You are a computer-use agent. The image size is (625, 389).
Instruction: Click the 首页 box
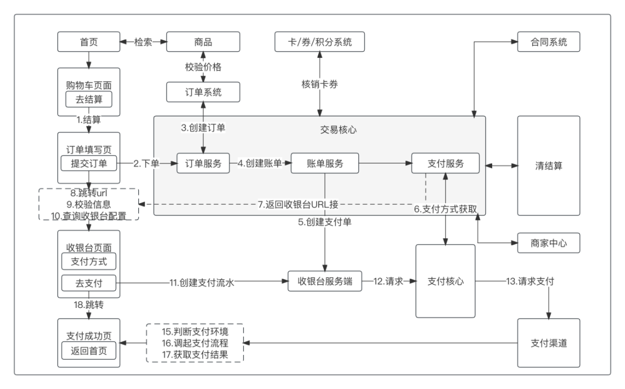coord(89,42)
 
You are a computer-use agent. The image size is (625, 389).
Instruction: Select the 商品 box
coord(203,42)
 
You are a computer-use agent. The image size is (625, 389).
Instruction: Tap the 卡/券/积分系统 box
coord(320,42)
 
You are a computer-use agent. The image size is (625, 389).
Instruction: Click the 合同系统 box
coord(548,42)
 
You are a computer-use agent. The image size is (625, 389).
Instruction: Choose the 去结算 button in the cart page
coord(89,99)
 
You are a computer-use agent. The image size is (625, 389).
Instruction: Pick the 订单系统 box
coord(203,92)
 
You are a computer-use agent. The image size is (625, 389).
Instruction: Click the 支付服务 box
coord(445,163)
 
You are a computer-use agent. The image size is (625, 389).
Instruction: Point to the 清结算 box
coord(548,165)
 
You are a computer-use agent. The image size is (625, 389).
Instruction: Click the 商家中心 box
coord(548,243)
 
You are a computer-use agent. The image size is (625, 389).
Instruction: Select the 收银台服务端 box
coord(325,281)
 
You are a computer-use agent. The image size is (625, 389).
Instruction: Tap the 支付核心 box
coord(445,281)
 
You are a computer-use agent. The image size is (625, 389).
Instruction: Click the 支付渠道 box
coord(548,343)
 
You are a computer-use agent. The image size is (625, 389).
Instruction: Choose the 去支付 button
coord(89,282)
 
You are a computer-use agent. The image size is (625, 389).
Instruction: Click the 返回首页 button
coord(89,351)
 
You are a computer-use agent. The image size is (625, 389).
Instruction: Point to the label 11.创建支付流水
coord(201,281)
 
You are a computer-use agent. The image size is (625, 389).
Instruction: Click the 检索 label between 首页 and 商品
coord(143,42)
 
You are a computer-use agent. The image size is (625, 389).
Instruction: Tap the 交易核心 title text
coord(338,130)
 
